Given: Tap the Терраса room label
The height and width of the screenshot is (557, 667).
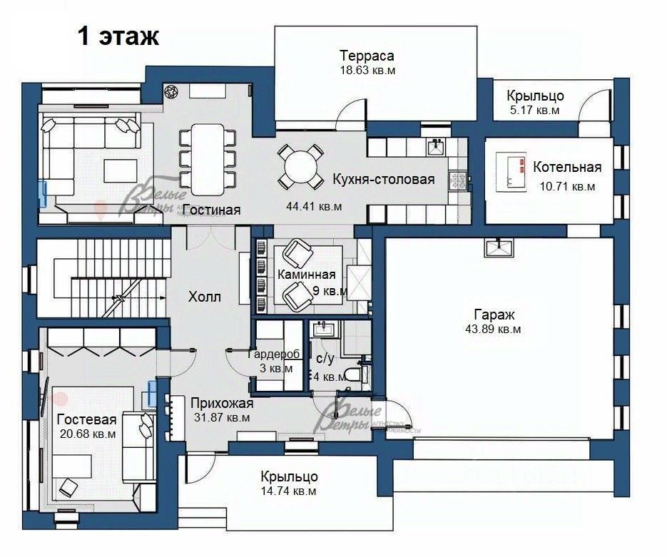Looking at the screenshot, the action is click(x=367, y=56).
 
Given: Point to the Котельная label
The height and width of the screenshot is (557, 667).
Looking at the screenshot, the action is click(x=567, y=168).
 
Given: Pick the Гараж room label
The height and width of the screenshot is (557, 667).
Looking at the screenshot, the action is click(x=494, y=315).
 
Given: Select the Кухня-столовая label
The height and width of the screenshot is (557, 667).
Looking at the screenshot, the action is click(x=383, y=180).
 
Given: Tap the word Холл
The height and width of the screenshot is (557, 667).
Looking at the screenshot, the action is click(x=205, y=297).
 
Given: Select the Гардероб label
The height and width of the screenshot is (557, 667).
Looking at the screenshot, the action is click(x=275, y=354).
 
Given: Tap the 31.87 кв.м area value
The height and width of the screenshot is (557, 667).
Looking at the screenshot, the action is click(x=222, y=418).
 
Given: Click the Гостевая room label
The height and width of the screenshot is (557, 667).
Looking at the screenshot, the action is click(x=86, y=419).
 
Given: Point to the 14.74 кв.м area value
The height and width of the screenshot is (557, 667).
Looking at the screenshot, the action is click(x=289, y=491).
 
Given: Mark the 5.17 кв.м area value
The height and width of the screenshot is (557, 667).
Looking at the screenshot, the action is click(x=534, y=111).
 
